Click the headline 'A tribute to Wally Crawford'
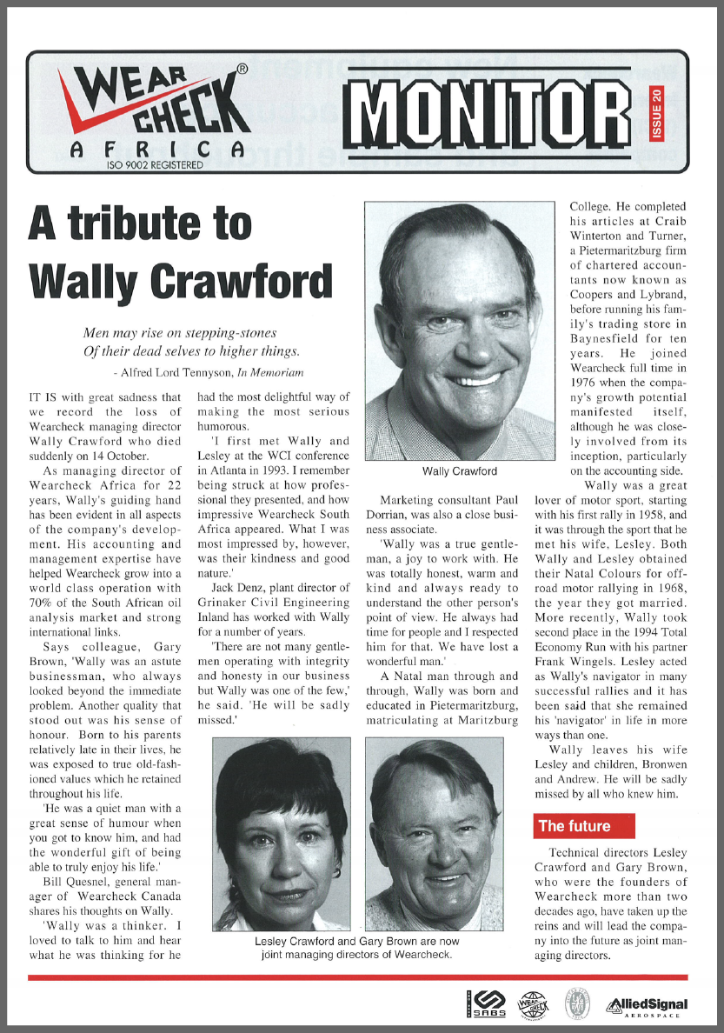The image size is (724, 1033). (180, 253)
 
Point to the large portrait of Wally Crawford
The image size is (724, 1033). (460, 330)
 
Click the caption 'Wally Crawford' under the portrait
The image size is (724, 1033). (460, 471)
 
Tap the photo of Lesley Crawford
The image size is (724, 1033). (282, 834)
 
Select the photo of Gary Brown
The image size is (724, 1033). (432, 834)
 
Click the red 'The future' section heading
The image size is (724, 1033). (575, 826)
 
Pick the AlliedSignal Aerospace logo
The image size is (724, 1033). (648, 1006)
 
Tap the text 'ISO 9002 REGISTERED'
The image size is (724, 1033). (155, 163)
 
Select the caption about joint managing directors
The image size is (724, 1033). (356, 948)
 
